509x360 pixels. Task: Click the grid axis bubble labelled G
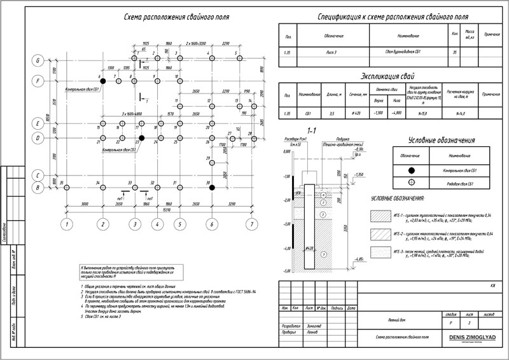click(38, 60)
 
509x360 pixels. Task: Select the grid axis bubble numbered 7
click(252, 224)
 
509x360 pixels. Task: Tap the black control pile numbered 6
click(102, 81)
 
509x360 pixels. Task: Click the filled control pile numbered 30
click(211, 187)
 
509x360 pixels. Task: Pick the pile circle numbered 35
click(66, 187)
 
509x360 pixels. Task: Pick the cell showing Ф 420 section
click(356, 113)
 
